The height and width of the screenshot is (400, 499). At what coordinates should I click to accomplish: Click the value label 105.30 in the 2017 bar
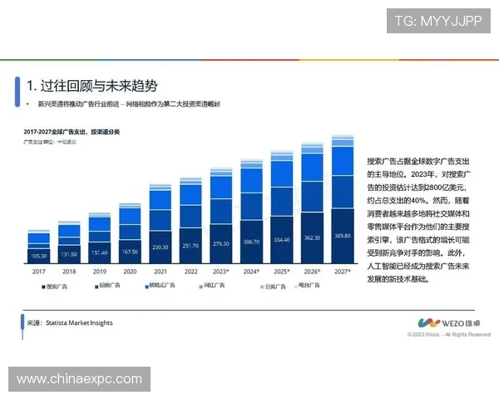(x=39, y=256)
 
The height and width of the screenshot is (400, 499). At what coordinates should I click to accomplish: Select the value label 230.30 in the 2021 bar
(x=159, y=247)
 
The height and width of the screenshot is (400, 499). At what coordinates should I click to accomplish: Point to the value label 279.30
(x=221, y=243)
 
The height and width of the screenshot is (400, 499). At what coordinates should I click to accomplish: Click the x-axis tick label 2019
(x=99, y=272)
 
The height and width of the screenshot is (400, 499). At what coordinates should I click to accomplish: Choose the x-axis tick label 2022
(x=190, y=272)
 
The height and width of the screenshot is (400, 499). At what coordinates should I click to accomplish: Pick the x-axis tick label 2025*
(x=282, y=272)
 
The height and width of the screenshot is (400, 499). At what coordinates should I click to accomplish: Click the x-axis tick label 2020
(x=129, y=272)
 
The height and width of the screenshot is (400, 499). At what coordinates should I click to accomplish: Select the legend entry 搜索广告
(x=57, y=286)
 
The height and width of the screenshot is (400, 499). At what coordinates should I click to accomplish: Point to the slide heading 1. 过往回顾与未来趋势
(x=91, y=86)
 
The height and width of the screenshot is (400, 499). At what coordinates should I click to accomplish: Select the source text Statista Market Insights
(x=78, y=322)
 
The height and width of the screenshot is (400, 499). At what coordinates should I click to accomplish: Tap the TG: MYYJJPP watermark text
(x=437, y=22)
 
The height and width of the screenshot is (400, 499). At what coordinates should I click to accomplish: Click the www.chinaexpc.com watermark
(x=80, y=379)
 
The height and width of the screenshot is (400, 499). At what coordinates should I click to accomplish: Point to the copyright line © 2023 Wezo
(x=448, y=334)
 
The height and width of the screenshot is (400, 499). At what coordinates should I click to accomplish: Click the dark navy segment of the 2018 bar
(x=69, y=252)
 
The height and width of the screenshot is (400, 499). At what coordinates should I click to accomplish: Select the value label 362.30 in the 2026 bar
(x=313, y=237)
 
